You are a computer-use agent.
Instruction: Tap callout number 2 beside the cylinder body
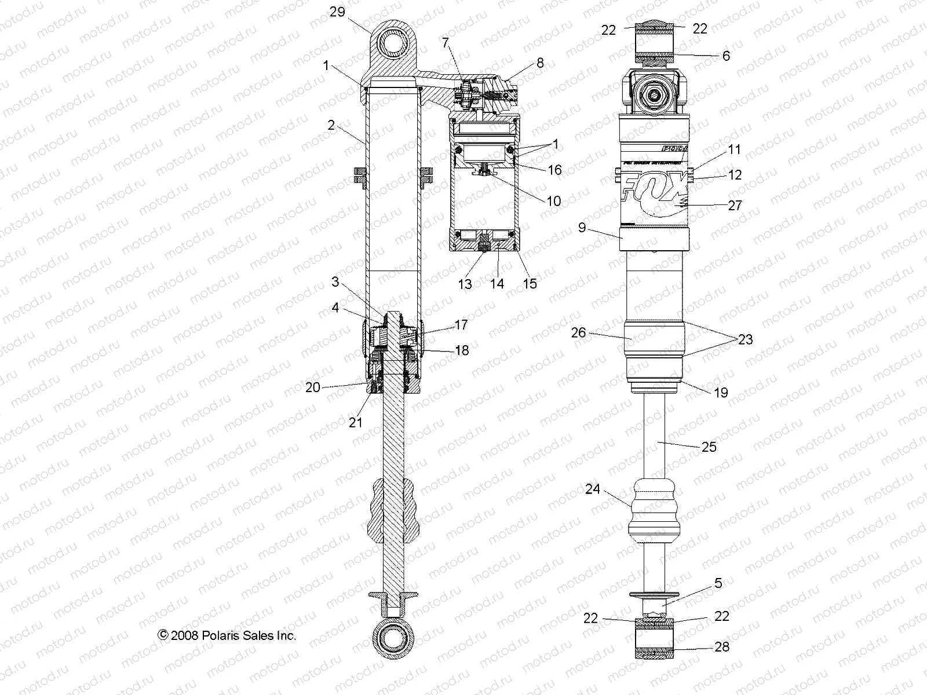[x=331, y=125]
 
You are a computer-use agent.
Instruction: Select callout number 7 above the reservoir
[x=445, y=42]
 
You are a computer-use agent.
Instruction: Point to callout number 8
[x=540, y=63]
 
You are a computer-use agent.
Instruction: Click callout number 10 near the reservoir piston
[x=553, y=201]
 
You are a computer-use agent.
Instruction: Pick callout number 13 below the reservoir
[x=465, y=284]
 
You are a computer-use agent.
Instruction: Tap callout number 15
[x=530, y=283]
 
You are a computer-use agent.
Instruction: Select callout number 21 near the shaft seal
[x=355, y=422]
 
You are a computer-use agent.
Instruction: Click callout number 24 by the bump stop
[x=592, y=489]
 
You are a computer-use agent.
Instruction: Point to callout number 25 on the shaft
[x=709, y=447]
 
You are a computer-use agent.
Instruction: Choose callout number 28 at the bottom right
[x=721, y=647]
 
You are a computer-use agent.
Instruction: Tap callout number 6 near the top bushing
[x=726, y=56]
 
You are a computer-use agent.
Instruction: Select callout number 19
[x=720, y=393]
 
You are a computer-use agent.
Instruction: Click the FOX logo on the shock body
[x=655, y=192]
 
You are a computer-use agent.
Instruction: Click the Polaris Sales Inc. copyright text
[x=227, y=635]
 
